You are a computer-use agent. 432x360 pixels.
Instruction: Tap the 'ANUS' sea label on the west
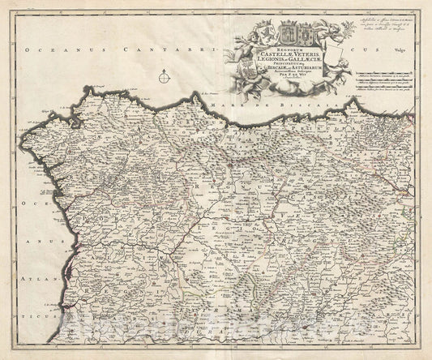21,240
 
